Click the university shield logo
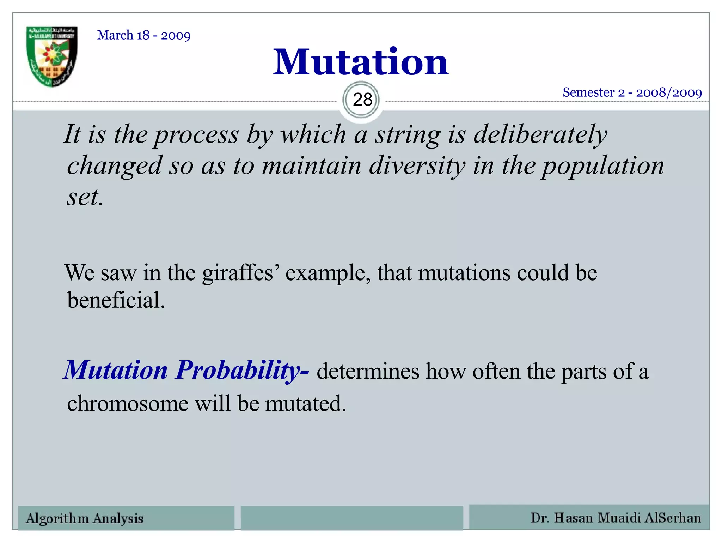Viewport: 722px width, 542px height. pos(52,56)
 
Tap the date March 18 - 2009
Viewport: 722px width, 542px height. pos(144,35)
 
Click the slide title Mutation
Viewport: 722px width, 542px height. pos(361,62)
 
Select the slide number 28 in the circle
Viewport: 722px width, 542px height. pos(362,100)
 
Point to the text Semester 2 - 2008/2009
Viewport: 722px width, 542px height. pos(632,92)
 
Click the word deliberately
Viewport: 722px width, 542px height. pos(540,135)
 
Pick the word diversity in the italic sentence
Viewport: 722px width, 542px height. pos(417,166)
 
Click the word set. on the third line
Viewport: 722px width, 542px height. pos(85,197)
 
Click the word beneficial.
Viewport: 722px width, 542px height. pos(116,301)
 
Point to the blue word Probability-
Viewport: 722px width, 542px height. pos(243,371)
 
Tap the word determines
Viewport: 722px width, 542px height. pos(368,372)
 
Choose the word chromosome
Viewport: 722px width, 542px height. pos(128,403)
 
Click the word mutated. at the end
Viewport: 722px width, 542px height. pos(306,403)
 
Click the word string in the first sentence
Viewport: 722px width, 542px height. pos(408,135)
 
